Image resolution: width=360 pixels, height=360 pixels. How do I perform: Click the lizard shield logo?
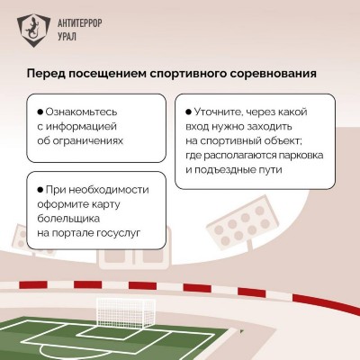[33, 31]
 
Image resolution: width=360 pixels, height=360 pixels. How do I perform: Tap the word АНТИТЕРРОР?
[79, 22]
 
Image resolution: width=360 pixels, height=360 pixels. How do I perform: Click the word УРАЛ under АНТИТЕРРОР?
[67, 36]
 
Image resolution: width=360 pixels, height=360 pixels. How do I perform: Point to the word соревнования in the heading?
[274, 74]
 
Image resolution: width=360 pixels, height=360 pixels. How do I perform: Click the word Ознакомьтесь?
[81, 112]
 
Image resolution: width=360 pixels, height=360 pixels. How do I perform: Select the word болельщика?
[68, 219]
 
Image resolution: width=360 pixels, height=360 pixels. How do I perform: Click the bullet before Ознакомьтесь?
[40, 112]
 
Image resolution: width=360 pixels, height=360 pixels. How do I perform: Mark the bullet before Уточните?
[189, 112]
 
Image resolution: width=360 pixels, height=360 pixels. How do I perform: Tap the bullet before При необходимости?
[40, 190]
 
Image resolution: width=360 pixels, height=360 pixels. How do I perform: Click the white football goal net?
[125, 312]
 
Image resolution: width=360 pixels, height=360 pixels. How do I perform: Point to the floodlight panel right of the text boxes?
[243, 224]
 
